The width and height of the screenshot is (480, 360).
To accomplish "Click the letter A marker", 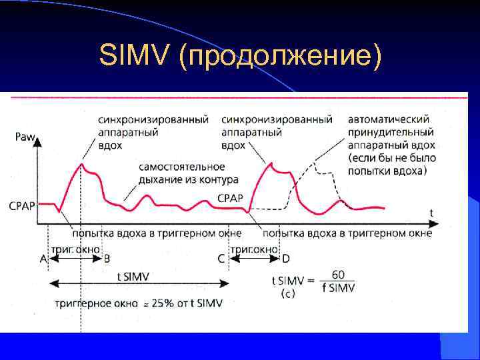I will [43, 259].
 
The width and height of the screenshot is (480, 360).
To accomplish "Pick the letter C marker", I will [221, 259].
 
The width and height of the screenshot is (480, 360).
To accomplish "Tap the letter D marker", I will [285, 259].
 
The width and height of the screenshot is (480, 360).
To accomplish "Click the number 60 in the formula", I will [339, 274].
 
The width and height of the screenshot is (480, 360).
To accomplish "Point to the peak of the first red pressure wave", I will [81, 164].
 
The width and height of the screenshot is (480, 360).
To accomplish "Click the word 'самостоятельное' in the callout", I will [182, 167].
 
